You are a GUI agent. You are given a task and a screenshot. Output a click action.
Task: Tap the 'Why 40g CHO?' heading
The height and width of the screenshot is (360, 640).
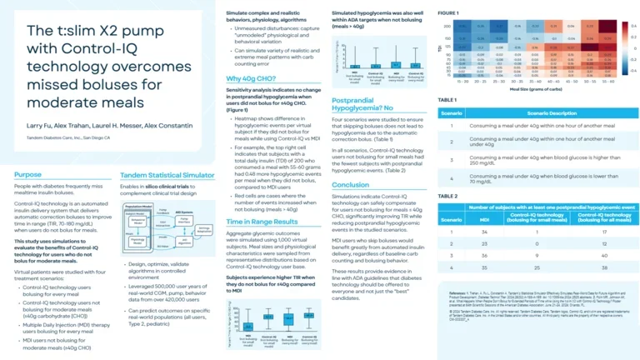(252, 79)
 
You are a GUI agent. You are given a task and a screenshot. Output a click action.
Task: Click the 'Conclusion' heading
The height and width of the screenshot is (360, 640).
(350, 185)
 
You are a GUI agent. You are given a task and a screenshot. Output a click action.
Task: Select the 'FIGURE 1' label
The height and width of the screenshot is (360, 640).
(447, 14)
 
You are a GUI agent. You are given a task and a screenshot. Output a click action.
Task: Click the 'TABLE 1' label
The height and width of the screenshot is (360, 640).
(447, 100)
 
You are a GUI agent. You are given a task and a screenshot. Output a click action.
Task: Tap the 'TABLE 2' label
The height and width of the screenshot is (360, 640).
(447, 195)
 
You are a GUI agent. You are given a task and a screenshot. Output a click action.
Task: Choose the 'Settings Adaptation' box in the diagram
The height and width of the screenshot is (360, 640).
(205, 207)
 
